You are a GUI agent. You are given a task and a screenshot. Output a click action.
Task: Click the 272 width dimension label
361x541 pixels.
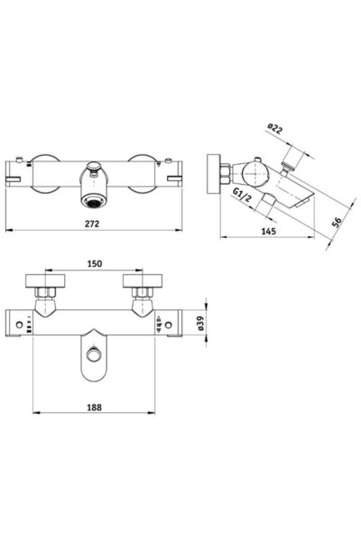[x=92, y=224]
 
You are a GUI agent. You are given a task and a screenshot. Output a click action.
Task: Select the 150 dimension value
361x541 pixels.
[x=94, y=263]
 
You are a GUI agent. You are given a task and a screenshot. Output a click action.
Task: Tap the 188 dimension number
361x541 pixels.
[x=94, y=408]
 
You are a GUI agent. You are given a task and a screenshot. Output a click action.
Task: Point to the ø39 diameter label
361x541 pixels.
[x=201, y=324]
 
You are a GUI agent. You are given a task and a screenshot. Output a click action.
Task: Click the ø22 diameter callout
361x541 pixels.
[x=274, y=128]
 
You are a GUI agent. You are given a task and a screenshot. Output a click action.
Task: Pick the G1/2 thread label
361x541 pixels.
[x=242, y=196]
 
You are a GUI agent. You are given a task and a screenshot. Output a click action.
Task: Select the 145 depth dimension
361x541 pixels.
[x=268, y=231]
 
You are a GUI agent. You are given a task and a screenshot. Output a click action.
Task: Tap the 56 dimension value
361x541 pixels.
[x=337, y=222]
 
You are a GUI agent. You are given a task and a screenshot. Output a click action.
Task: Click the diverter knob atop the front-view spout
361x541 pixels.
[x=93, y=167]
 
